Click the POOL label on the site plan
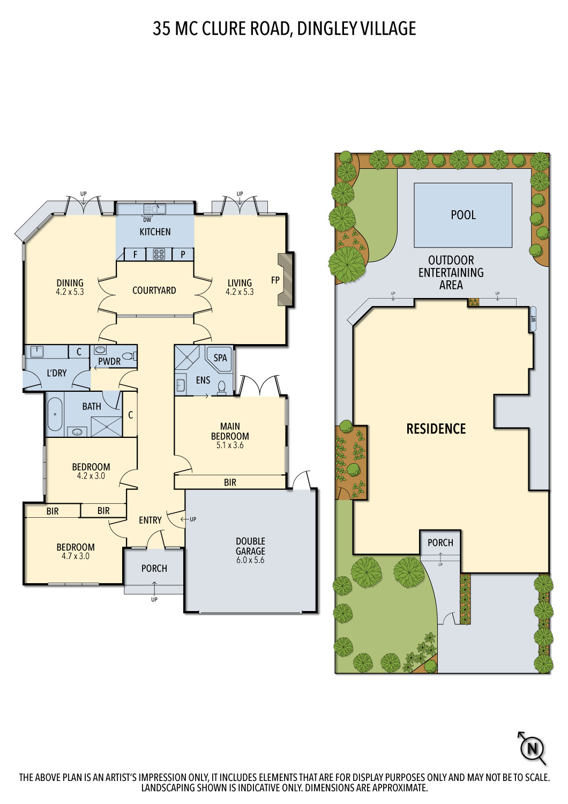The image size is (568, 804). tap(463, 215)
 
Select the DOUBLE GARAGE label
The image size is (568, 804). tap(250, 546)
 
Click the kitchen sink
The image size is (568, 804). tap(155, 209)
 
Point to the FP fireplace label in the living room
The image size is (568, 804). tap(275, 280)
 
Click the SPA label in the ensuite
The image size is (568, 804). tap(220, 358)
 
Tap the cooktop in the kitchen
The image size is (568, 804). tap(159, 254)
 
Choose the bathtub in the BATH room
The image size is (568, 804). tap(55, 414)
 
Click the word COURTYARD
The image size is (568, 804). tap(154, 291)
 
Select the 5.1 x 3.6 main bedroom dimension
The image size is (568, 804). tap(230, 445)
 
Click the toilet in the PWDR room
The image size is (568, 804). tap(129, 356)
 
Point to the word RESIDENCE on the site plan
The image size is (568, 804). tap(436, 429)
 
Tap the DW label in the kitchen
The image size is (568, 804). tap(147, 220)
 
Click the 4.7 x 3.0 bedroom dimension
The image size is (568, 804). tap(76, 556)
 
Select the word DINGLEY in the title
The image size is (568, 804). tap(322, 29)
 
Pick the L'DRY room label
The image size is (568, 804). tap(57, 373)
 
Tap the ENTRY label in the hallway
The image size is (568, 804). tap(150, 520)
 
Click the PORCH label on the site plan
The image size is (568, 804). tap(440, 542)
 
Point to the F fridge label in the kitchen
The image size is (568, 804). tap(135, 255)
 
